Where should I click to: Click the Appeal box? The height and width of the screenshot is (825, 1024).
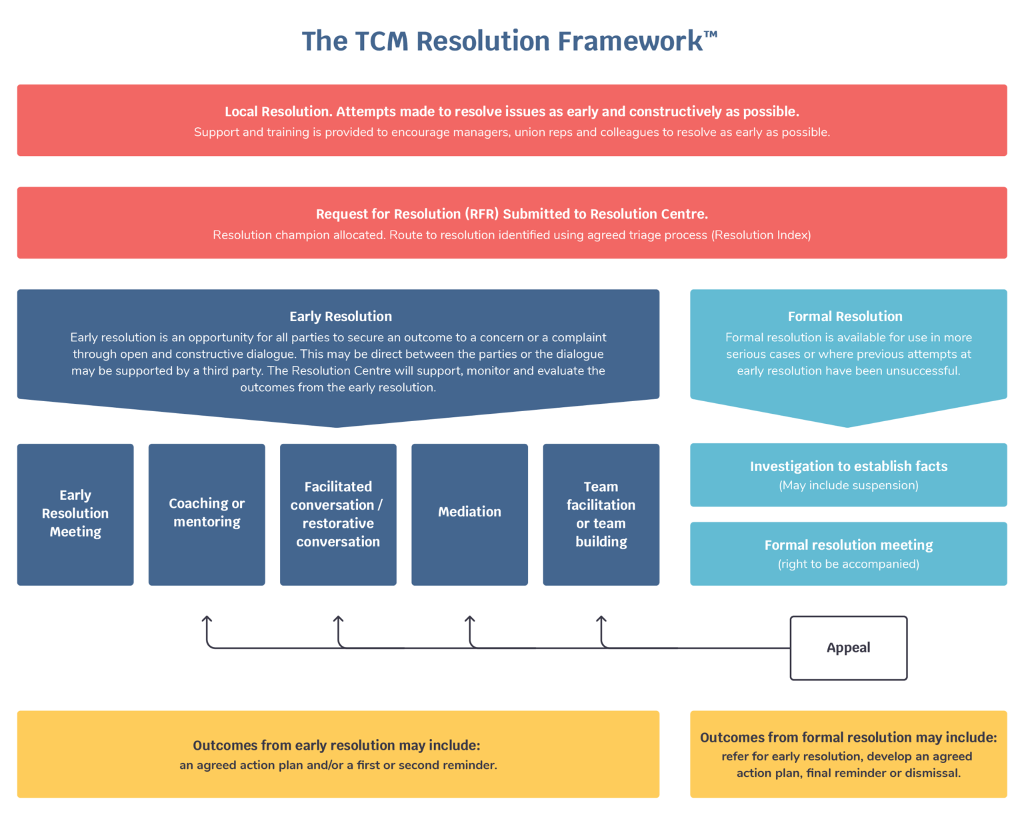[x=848, y=648]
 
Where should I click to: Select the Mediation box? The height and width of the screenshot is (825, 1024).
[x=469, y=514]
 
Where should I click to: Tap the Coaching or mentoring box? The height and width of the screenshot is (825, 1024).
[x=207, y=514]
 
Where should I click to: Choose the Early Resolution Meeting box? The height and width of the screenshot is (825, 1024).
[x=75, y=514]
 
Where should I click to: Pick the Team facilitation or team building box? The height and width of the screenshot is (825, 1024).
[x=601, y=514]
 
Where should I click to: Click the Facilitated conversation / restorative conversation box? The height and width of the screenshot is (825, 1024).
[x=338, y=514]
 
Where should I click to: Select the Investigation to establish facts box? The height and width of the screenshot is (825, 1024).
[x=848, y=474]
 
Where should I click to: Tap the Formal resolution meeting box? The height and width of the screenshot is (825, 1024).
[x=848, y=553]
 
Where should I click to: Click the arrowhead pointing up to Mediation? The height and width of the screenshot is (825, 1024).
[x=469, y=620]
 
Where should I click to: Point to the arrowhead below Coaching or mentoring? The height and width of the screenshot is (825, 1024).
[x=207, y=620]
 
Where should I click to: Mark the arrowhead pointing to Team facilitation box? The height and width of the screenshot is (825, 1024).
[x=601, y=620]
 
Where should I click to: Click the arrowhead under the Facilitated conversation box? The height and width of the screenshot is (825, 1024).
[x=338, y=620]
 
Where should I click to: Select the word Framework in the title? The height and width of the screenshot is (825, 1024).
[x=630, y=41]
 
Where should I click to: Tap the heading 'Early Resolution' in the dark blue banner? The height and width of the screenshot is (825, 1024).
[x=340, y=317]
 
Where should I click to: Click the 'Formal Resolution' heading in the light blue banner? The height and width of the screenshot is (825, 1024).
[x=845, y=317]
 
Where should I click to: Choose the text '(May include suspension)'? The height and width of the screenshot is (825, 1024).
[x=848, y=486]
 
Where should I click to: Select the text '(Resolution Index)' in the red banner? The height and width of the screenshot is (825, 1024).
[x=761, y=235]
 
